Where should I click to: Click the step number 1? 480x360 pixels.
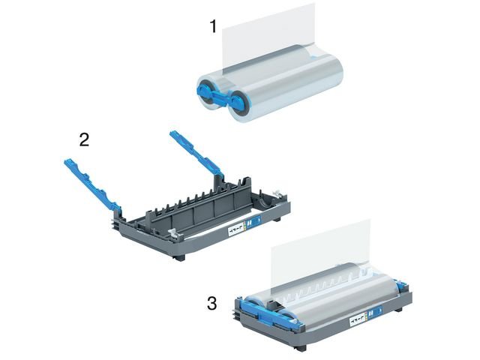tap(213, 26)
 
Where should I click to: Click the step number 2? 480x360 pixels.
tap(85, 139)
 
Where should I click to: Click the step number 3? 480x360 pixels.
tap(212, 304)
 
